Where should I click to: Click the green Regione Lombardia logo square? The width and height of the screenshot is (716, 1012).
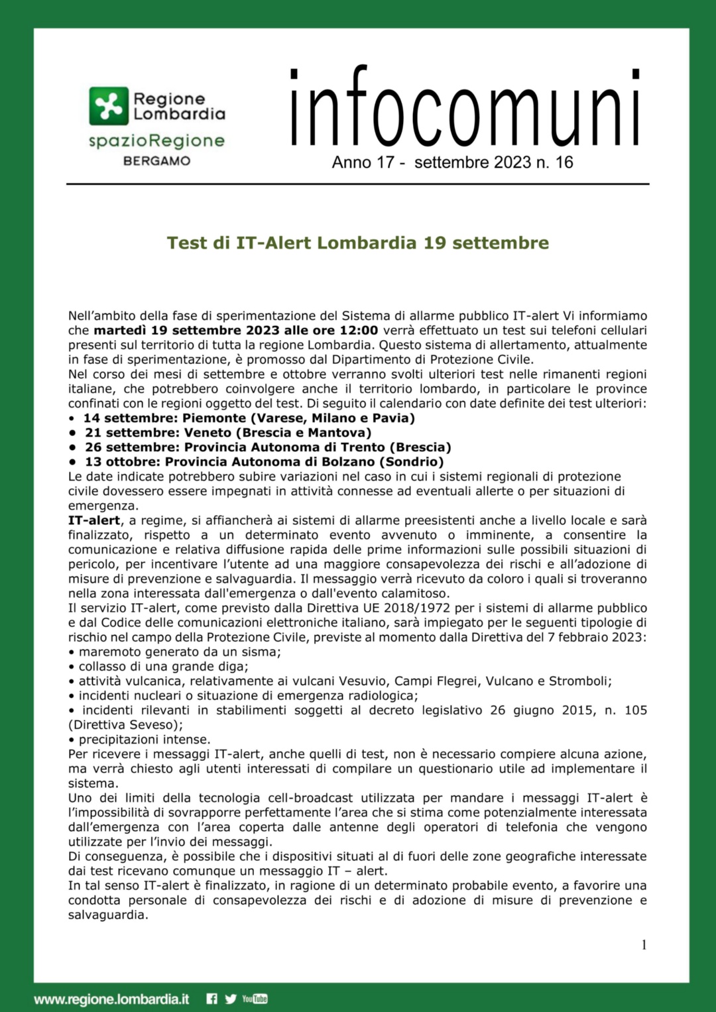click(x=109, y=106)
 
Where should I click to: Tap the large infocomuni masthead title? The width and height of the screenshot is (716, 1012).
click(x=465, y=107)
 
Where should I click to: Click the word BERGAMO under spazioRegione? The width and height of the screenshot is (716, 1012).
click(x=156, y=161)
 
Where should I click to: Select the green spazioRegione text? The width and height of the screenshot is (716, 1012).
click(x=157, y=141)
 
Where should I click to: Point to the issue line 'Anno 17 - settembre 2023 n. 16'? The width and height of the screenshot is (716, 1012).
click(x=452, y=162)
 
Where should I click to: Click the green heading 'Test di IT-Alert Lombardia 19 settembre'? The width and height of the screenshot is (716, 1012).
click(x=358, y=243)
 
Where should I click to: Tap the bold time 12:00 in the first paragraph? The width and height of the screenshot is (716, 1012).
click(x=359, y=330)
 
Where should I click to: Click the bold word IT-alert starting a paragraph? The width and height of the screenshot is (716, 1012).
click(x=94, y=520)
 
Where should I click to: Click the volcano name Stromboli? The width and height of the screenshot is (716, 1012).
click(x=579, y=681)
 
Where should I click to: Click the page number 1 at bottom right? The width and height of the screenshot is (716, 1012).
click(x=644, y=945)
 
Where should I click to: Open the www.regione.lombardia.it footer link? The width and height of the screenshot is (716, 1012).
click(x=111, y=999)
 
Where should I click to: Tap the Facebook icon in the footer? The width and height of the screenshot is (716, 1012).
click(x=211, y=999)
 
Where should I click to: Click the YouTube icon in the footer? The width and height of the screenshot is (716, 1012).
click(x=255, y=999)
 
